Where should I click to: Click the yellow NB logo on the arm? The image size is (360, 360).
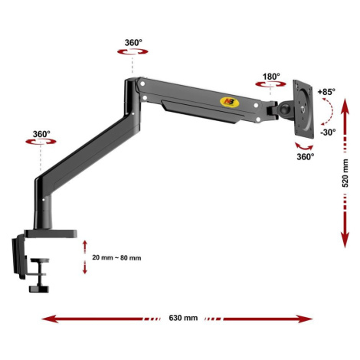(229, 102)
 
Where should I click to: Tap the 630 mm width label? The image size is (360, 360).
(183, 318)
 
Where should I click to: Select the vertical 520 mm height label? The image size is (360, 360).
(345, 173)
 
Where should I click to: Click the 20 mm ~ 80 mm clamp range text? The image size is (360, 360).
(116, 258)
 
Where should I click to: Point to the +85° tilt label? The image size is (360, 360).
(326, 92)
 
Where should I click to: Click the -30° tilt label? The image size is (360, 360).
(328, 133)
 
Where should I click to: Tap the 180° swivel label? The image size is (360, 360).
(271, 77)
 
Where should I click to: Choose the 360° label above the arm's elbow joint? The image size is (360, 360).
(133, 43)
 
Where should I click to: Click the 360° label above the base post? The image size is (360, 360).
(41, 134)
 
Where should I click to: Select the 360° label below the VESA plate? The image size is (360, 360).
(306, 156)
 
